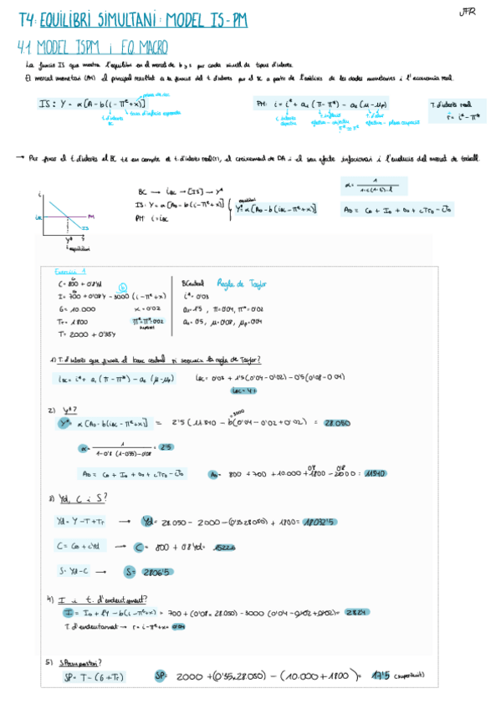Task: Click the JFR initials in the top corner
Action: coord(467,13)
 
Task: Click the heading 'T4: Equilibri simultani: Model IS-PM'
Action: coord(134,19)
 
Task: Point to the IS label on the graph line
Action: coord(84,227)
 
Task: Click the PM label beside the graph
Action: coord(90,216)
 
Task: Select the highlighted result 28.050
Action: coord(336,424)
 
